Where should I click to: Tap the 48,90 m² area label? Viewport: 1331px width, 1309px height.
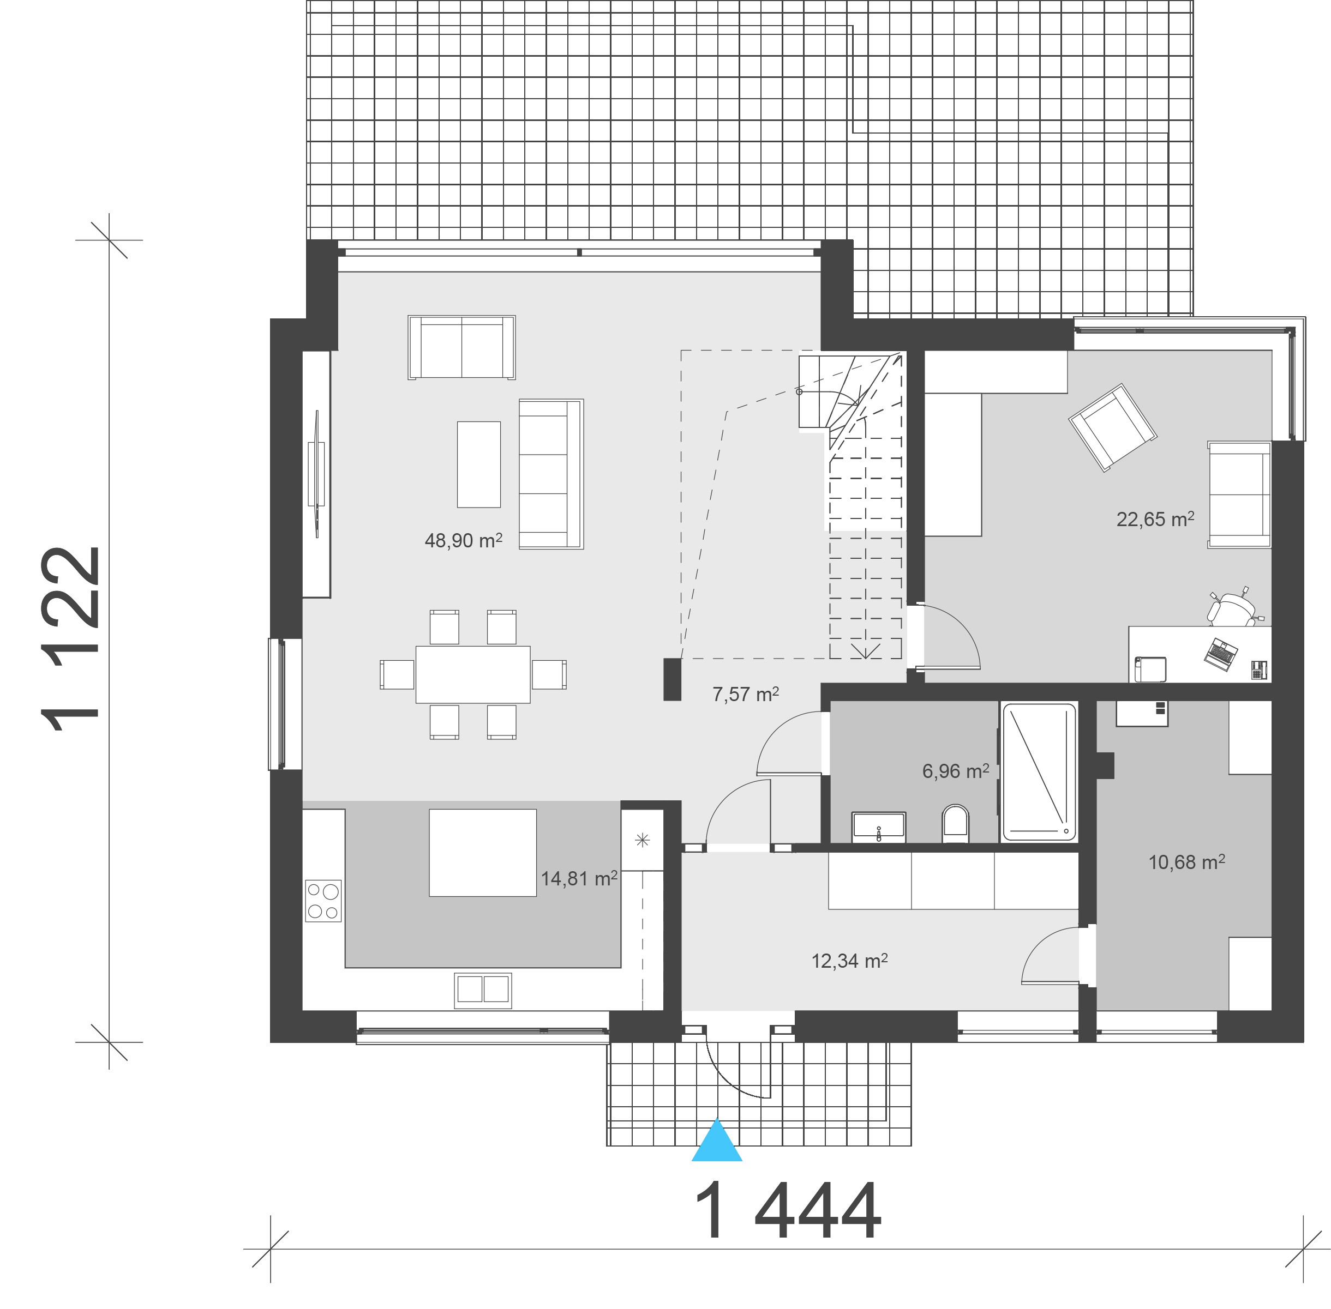[463, 540]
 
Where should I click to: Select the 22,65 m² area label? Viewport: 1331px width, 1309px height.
[1155, 518]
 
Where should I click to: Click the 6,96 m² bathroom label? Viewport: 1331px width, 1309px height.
[956, 771]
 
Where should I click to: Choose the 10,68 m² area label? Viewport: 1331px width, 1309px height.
[1186, 861]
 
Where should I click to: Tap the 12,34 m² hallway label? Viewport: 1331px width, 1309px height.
[849, 961]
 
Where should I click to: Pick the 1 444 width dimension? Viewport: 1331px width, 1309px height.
[787, 1211]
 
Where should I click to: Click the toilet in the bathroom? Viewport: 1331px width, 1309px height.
[955, 824]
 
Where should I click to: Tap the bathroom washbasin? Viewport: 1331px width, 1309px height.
[878, 827]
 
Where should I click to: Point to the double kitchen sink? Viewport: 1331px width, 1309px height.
[483, 990]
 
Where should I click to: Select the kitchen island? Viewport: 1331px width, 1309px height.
[482, 853]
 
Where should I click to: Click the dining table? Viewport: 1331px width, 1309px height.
[472, 674]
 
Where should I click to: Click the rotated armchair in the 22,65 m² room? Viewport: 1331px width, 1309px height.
[1112, 427]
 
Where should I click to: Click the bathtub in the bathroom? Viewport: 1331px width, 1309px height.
[1039, 771]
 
